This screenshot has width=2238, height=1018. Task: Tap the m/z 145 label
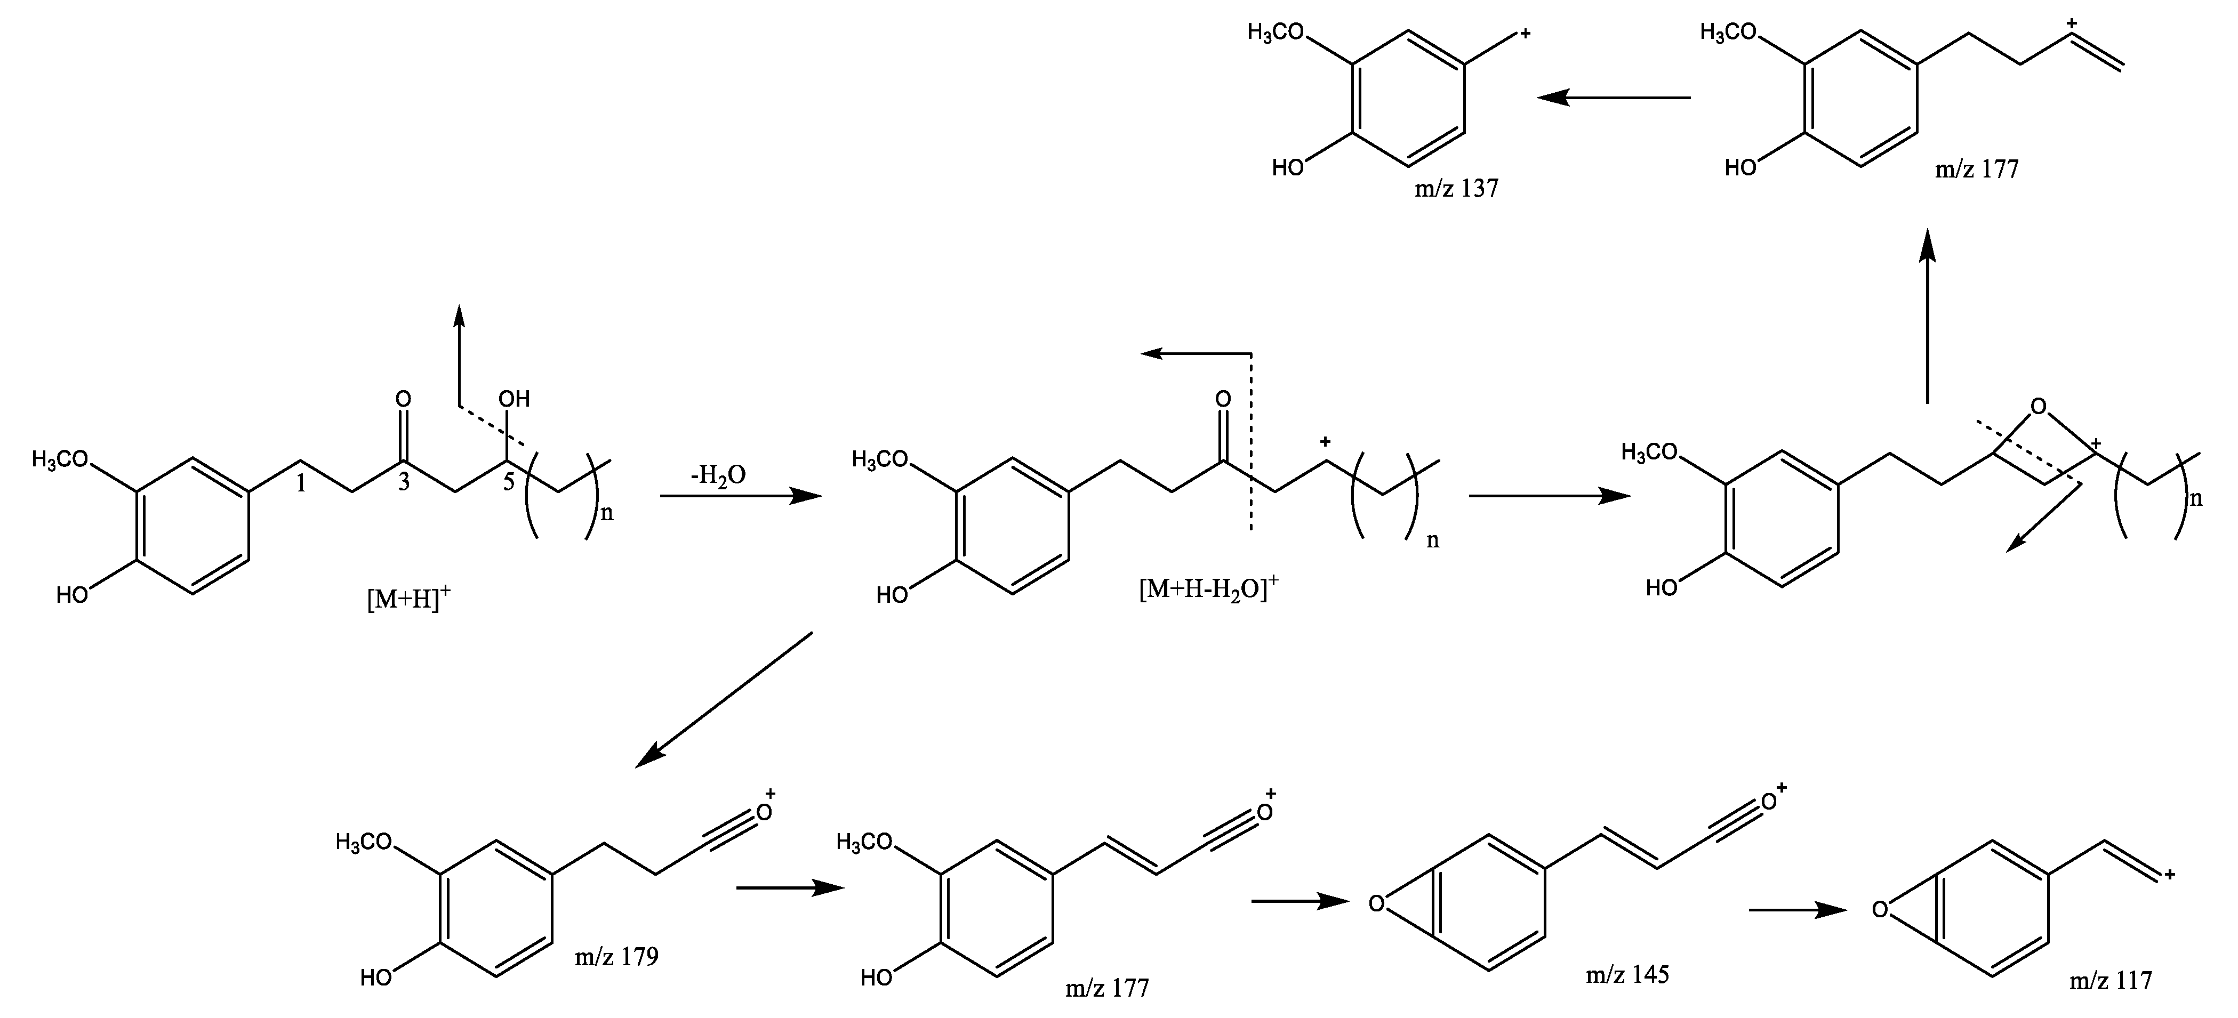click(x=1627, y=975)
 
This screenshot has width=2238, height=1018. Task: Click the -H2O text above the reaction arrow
click(x=718, y=476)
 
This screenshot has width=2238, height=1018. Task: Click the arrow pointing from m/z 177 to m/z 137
click(x=1614, y=98)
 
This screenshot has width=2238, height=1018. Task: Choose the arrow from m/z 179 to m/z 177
click(x=790, y=888)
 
